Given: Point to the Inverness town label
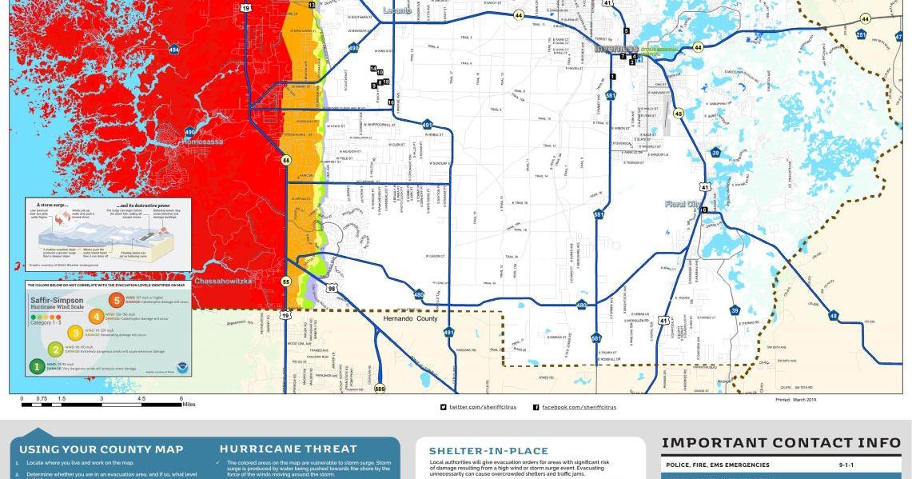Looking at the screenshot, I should click(615, 49).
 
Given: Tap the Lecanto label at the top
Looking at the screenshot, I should click(396, 10).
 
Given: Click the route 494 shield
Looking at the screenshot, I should click(174, 50).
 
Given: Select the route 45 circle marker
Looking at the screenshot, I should click(679, 113).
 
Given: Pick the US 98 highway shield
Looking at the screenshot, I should click(331, 288).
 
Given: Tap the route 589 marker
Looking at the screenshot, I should click(379, 389).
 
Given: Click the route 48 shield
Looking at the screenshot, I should click(834, 316).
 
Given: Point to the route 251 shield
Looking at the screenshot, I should click(861, 34).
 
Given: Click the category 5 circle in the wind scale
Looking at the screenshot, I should click(117, 301).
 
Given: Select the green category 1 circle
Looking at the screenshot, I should click(37, 367).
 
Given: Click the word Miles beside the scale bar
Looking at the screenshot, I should click(189, 405).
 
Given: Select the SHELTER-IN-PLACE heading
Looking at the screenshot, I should click(488, 451).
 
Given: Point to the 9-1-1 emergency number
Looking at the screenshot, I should click(846, 465).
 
